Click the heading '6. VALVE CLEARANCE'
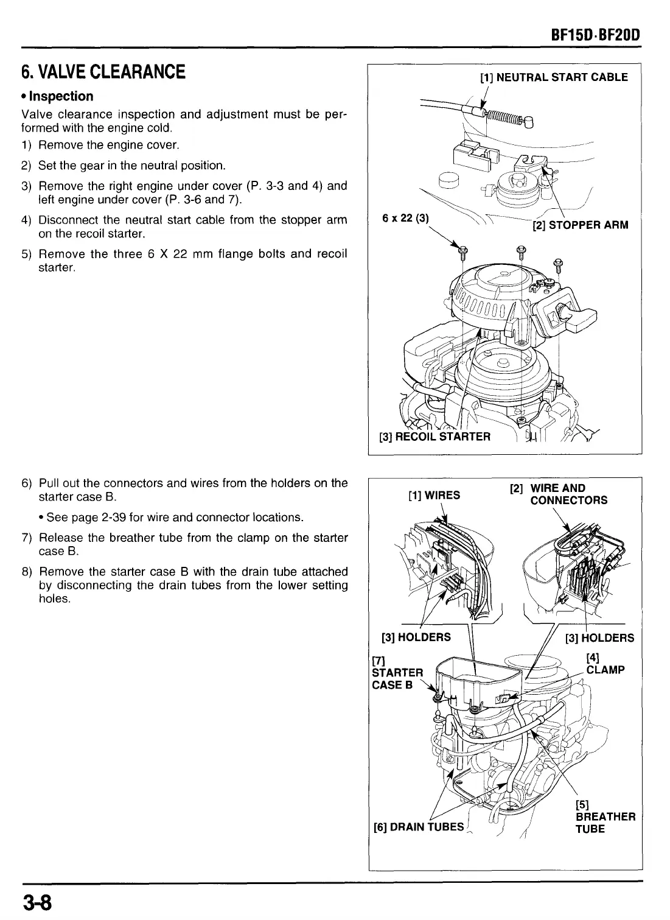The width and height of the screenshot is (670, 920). [103, 72]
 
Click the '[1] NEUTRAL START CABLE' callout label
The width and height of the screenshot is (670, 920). [554, 77]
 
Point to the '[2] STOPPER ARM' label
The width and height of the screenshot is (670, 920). [580, 225]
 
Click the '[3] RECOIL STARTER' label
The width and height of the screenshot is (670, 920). [434, 437]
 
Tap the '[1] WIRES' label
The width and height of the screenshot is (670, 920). [434, 495]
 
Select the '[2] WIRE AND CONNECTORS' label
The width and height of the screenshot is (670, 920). [559, 494]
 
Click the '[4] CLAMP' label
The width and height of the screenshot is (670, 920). [604, 664]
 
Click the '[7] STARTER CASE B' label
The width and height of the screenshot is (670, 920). [397, 672]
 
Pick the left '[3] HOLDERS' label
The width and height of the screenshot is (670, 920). [416, 637]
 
